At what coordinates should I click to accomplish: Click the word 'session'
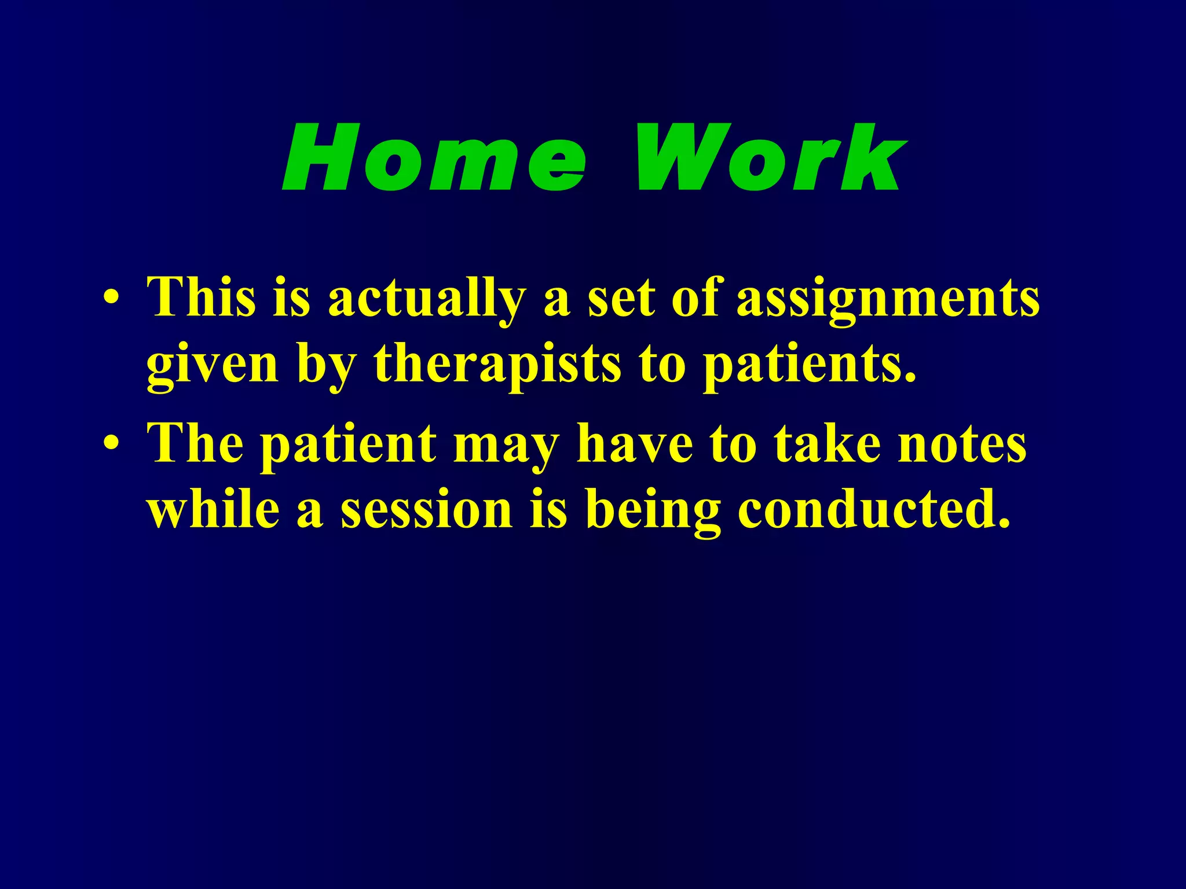point(427,510)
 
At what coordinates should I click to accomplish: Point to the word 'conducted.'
point(874,510)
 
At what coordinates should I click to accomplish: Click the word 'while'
point(213,510)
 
